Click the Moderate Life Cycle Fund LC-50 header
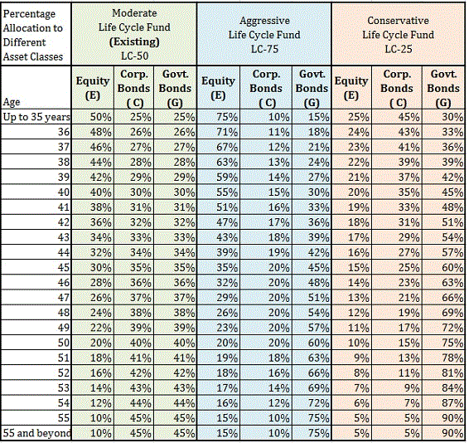[134, 34]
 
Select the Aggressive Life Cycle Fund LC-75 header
[264, 35]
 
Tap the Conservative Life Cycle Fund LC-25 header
[398, 35]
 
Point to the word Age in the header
[12, 102]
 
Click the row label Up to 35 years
[36, 117]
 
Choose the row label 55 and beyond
[36, 433]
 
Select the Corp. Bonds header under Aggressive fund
[266, 89]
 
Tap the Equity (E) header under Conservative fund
[351, 88]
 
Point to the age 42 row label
[64, 222]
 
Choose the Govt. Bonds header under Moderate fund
[175, 89]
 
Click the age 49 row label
[64, 328]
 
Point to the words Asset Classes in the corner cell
[33, 56]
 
